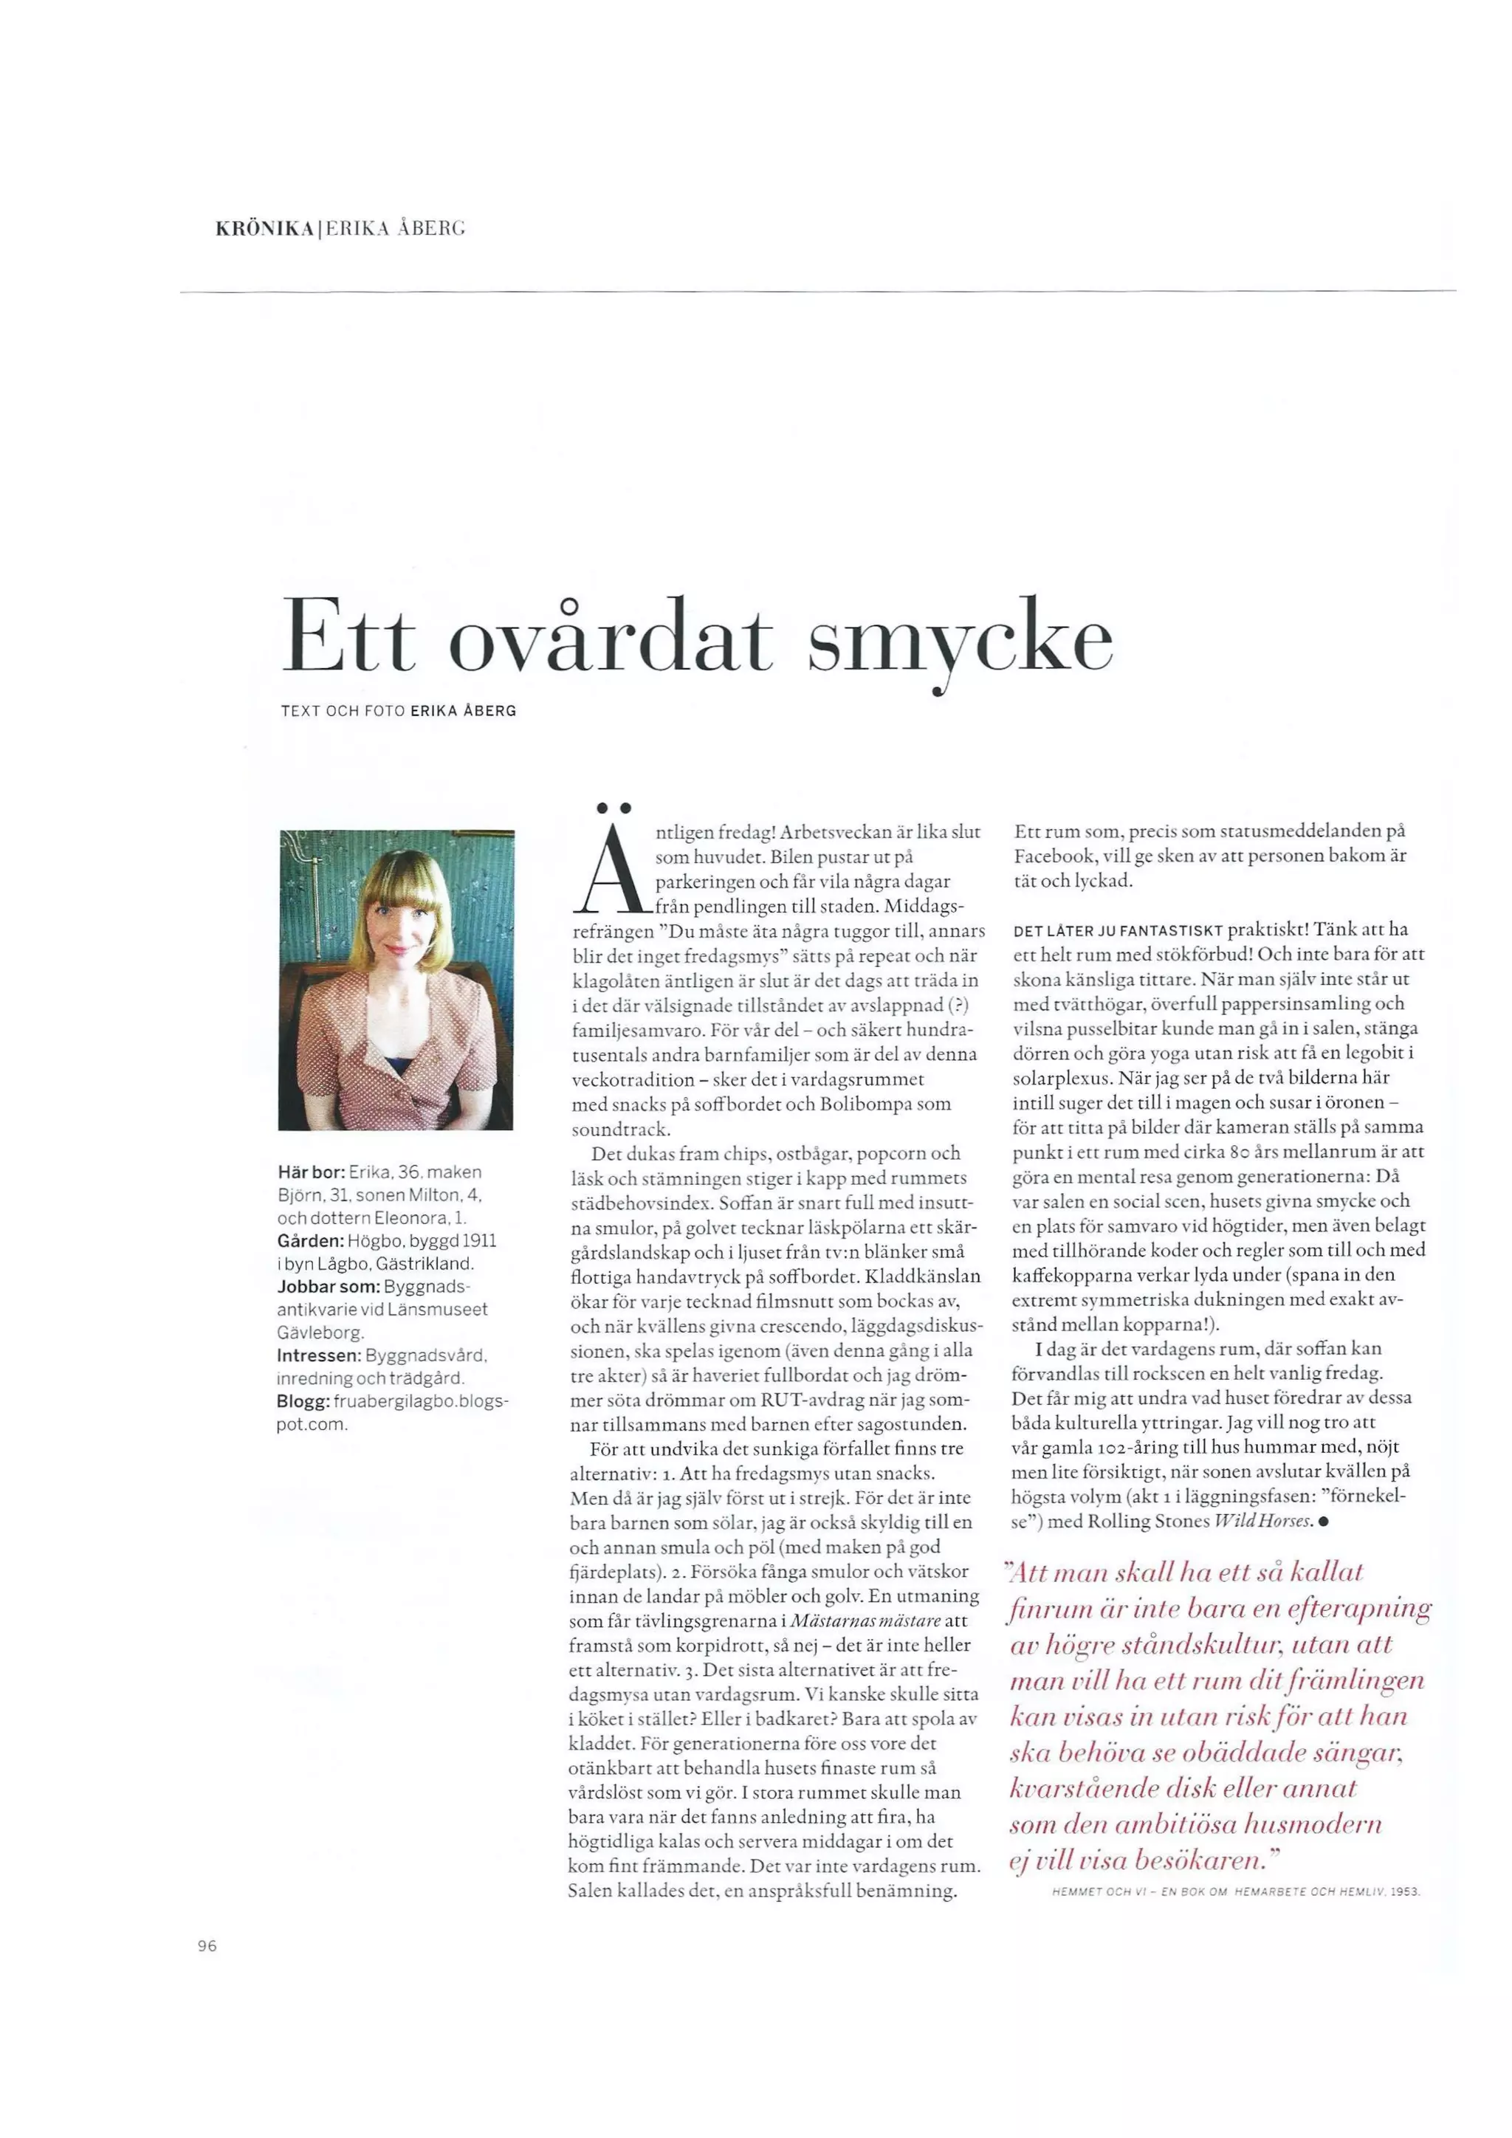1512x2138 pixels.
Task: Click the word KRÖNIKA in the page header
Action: pos(264,228)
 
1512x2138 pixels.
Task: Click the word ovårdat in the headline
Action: pos(610,638)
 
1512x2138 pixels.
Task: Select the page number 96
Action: pos(207,1945)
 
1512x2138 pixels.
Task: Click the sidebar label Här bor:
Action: pos(311,1172)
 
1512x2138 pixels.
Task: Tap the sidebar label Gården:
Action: pos(310,1240)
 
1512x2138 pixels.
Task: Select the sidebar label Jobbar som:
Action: pos(329,1286)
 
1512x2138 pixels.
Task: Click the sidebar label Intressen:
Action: pos(318,1355)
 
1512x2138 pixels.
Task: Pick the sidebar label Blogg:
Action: pos(302,1400)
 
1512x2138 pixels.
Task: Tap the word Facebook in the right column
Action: pos(1059,856)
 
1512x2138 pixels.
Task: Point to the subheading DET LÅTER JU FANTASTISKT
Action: pos(1117,930)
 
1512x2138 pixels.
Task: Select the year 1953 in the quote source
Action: pos(1404,1891)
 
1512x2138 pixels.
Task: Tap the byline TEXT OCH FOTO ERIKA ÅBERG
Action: pos(399,712)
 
